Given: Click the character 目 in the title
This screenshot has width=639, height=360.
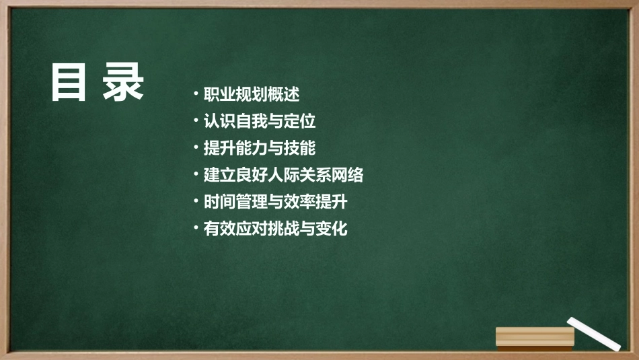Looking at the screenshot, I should pos(69,83).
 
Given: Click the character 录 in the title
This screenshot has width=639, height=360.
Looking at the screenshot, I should pos(124,83).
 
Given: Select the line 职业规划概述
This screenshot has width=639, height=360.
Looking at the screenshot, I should pos(252,94).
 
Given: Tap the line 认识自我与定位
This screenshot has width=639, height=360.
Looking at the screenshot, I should pos(260,121).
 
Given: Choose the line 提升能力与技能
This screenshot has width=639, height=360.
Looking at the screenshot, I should pos(260,148).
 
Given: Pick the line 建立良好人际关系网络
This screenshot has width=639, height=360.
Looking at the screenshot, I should pos(283,175).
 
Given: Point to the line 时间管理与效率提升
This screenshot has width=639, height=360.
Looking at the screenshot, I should pos(275,201).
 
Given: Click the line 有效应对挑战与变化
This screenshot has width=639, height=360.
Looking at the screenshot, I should pos(275,228).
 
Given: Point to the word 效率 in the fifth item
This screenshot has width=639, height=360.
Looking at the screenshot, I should pos(299,201).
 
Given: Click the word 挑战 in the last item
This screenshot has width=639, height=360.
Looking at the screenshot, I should pos(283,228).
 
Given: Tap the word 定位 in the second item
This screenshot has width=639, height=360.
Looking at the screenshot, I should pos(300,121).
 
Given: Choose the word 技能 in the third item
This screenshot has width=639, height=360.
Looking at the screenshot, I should pos(300,148).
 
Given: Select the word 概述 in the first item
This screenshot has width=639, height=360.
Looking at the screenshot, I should pos(284,94).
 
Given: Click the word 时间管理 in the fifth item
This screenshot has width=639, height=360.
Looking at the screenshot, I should pos(235,201).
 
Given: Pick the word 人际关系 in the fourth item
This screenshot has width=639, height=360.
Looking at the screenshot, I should pos(299,175).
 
